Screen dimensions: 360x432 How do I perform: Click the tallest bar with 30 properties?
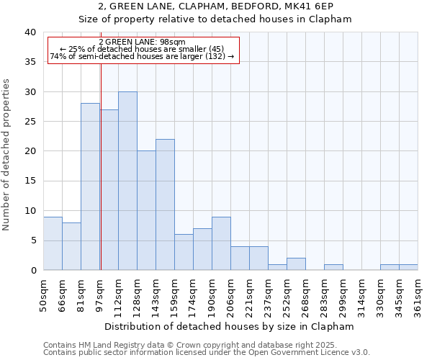pos(127,181)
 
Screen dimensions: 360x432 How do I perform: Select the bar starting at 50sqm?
pos(53,243)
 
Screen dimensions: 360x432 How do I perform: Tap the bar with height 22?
pos(165,204)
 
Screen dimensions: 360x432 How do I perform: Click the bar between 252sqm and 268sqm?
pos(296,264)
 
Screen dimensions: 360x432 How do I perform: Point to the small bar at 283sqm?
pos(333,267)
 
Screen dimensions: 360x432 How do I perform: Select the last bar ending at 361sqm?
pos(408,267)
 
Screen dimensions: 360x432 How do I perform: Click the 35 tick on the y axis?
pos(32,63)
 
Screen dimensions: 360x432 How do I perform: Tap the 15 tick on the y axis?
pos(32,181)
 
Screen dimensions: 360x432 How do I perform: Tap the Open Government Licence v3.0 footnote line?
pos(206,353)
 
